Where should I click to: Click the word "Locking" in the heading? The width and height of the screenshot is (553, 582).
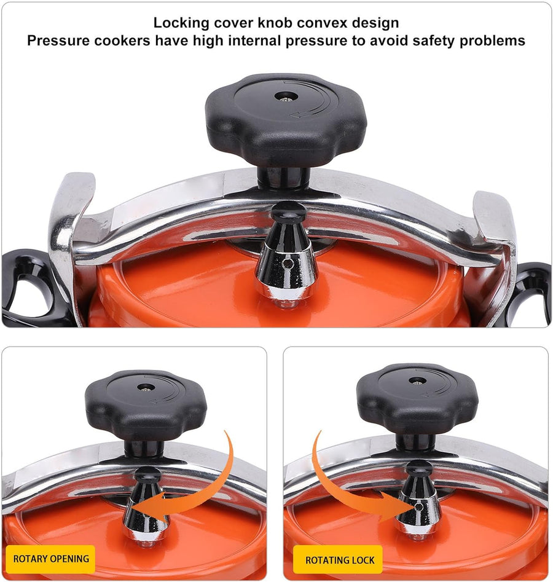click(181, 23)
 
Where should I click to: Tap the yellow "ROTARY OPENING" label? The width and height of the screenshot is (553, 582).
click(51, 559)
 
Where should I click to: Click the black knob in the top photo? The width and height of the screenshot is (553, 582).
click(286, 119)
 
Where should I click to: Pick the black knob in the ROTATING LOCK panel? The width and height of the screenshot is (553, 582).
click(418, 398)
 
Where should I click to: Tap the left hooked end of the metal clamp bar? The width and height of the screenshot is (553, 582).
click(71, 222)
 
